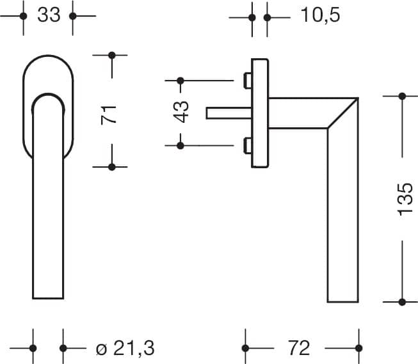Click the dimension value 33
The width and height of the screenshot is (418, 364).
[x=49, y=15]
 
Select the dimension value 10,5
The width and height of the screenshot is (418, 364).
[x=320, y=15]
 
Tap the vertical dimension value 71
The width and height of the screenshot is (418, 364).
[x=109, y=115]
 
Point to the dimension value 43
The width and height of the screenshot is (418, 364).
[x=181, y=112]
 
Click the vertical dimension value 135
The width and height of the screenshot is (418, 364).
[x=405, y=200]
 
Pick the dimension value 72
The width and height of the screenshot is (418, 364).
[x=299, y=348]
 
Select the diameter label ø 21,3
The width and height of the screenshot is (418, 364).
[x=125, y=348]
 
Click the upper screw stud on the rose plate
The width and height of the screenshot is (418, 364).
[x=248, y=80]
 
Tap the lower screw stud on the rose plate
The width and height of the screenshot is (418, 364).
[x=248, y=146]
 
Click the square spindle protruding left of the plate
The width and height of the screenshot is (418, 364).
[x=229, y=113]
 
